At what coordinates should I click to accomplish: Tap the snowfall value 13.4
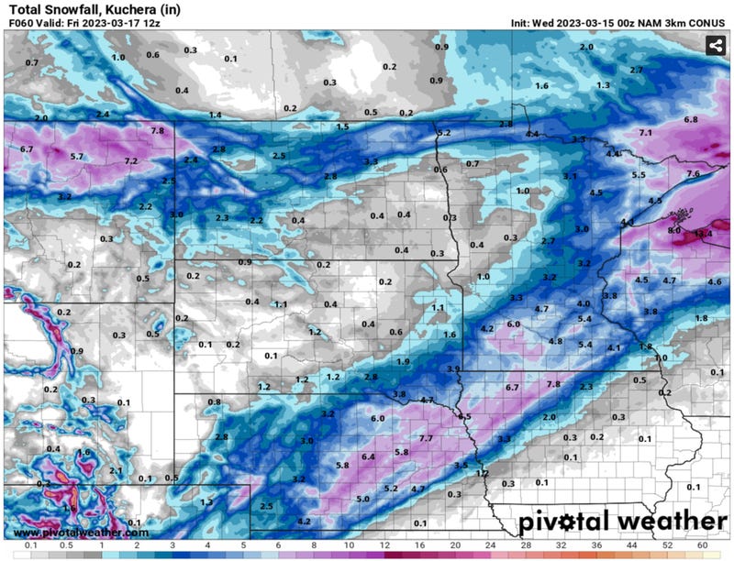pos(703,234)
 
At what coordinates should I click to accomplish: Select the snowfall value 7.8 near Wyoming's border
pos(157,131)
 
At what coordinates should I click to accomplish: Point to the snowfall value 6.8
pos(691,120)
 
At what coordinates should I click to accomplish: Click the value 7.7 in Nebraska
pos(426,439)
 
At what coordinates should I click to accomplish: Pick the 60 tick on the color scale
pos(700,547)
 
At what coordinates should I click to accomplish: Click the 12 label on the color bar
pos(384,547)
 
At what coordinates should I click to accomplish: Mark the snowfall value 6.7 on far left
pos(27,148)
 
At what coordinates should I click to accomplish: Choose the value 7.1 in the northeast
pos(645,134)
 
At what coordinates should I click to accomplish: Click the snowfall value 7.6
pos(693,174)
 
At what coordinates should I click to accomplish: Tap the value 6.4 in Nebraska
pos(368,456)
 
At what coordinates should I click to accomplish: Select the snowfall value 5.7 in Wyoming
pos(77,157)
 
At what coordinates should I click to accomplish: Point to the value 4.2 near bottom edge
pos(306,522)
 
